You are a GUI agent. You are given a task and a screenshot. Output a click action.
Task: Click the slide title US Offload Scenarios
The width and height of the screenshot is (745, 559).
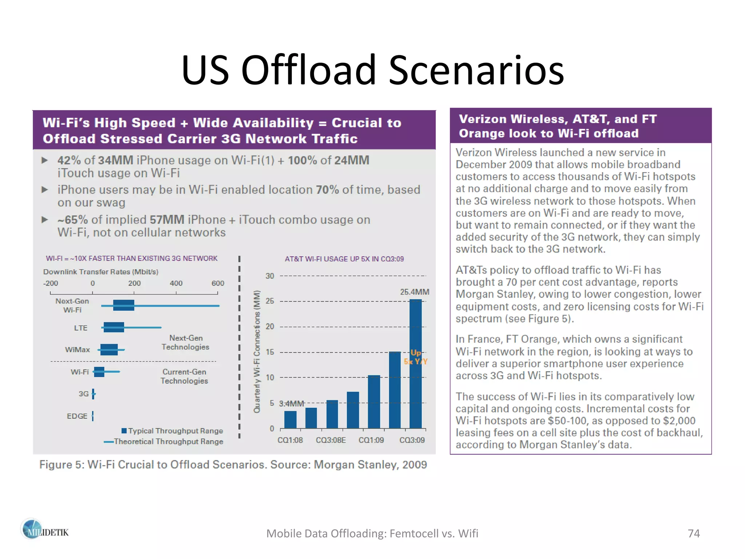pos(372,70)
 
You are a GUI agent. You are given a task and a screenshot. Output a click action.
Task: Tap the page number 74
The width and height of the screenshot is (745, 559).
pos(693,534)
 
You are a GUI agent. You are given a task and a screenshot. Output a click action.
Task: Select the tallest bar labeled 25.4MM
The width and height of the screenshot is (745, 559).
pos(415,364)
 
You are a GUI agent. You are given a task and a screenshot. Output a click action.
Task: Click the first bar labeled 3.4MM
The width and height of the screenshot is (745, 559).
pos(290,419)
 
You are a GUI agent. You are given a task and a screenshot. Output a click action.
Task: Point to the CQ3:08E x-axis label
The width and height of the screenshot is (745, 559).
pos(331,440)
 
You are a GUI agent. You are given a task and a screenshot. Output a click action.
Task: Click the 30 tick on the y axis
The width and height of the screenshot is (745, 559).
pos(270,276)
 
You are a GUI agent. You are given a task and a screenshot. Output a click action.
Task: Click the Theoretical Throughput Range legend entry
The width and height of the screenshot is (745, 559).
pos(164,442)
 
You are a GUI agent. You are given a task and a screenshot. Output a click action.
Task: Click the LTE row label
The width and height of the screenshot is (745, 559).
pos(80,328)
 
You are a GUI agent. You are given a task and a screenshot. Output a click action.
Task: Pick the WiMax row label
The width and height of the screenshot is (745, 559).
pos(77,350)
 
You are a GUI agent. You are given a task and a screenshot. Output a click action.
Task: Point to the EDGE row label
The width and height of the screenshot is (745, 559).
pos(77,416)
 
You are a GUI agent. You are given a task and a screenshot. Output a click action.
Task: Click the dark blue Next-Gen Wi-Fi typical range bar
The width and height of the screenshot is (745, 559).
pos(124,305)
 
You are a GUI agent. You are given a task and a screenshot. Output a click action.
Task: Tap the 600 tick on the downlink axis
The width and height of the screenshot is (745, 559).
pos(218,284)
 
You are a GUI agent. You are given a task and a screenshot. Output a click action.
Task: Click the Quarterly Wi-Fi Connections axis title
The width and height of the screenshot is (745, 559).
pos(257,352)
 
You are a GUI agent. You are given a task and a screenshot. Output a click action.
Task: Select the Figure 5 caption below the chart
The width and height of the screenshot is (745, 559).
pos(233,465)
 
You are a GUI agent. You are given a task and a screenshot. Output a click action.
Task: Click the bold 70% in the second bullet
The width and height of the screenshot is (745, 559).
pos(327,190)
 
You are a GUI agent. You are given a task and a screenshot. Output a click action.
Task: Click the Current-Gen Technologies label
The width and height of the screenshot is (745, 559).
pos(184,376)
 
